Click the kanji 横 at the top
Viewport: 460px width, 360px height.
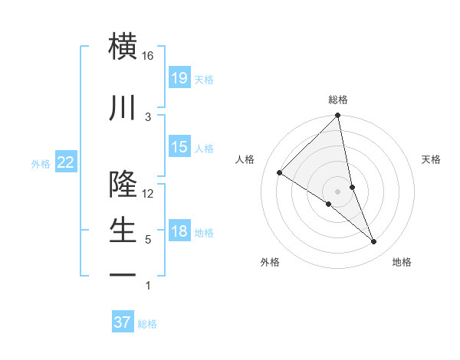coord(123,47)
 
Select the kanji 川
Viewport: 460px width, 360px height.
coord(123,109)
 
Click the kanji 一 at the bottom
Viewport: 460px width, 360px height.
coord(123,274)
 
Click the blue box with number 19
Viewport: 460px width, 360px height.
coord(179,78)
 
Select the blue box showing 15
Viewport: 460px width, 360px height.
coord(179,147)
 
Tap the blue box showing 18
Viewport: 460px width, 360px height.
coord(179,231)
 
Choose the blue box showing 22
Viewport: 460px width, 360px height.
coord(66,162)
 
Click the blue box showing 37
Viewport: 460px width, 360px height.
coord(123,322)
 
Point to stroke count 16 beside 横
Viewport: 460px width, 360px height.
coord(148,56)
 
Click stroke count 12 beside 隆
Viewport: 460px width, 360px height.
coord(148,193)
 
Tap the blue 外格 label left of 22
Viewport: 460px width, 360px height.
coord(41,163)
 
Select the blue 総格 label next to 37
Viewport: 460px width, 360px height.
coord(147,323)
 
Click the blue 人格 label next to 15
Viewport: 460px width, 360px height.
coord(204,148)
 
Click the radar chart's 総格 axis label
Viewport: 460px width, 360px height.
coord(338,100)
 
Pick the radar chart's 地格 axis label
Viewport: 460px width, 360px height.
coord(402,262)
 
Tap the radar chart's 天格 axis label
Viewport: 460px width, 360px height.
coord(431,159)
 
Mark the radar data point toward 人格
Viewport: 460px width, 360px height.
coord(280,173)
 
